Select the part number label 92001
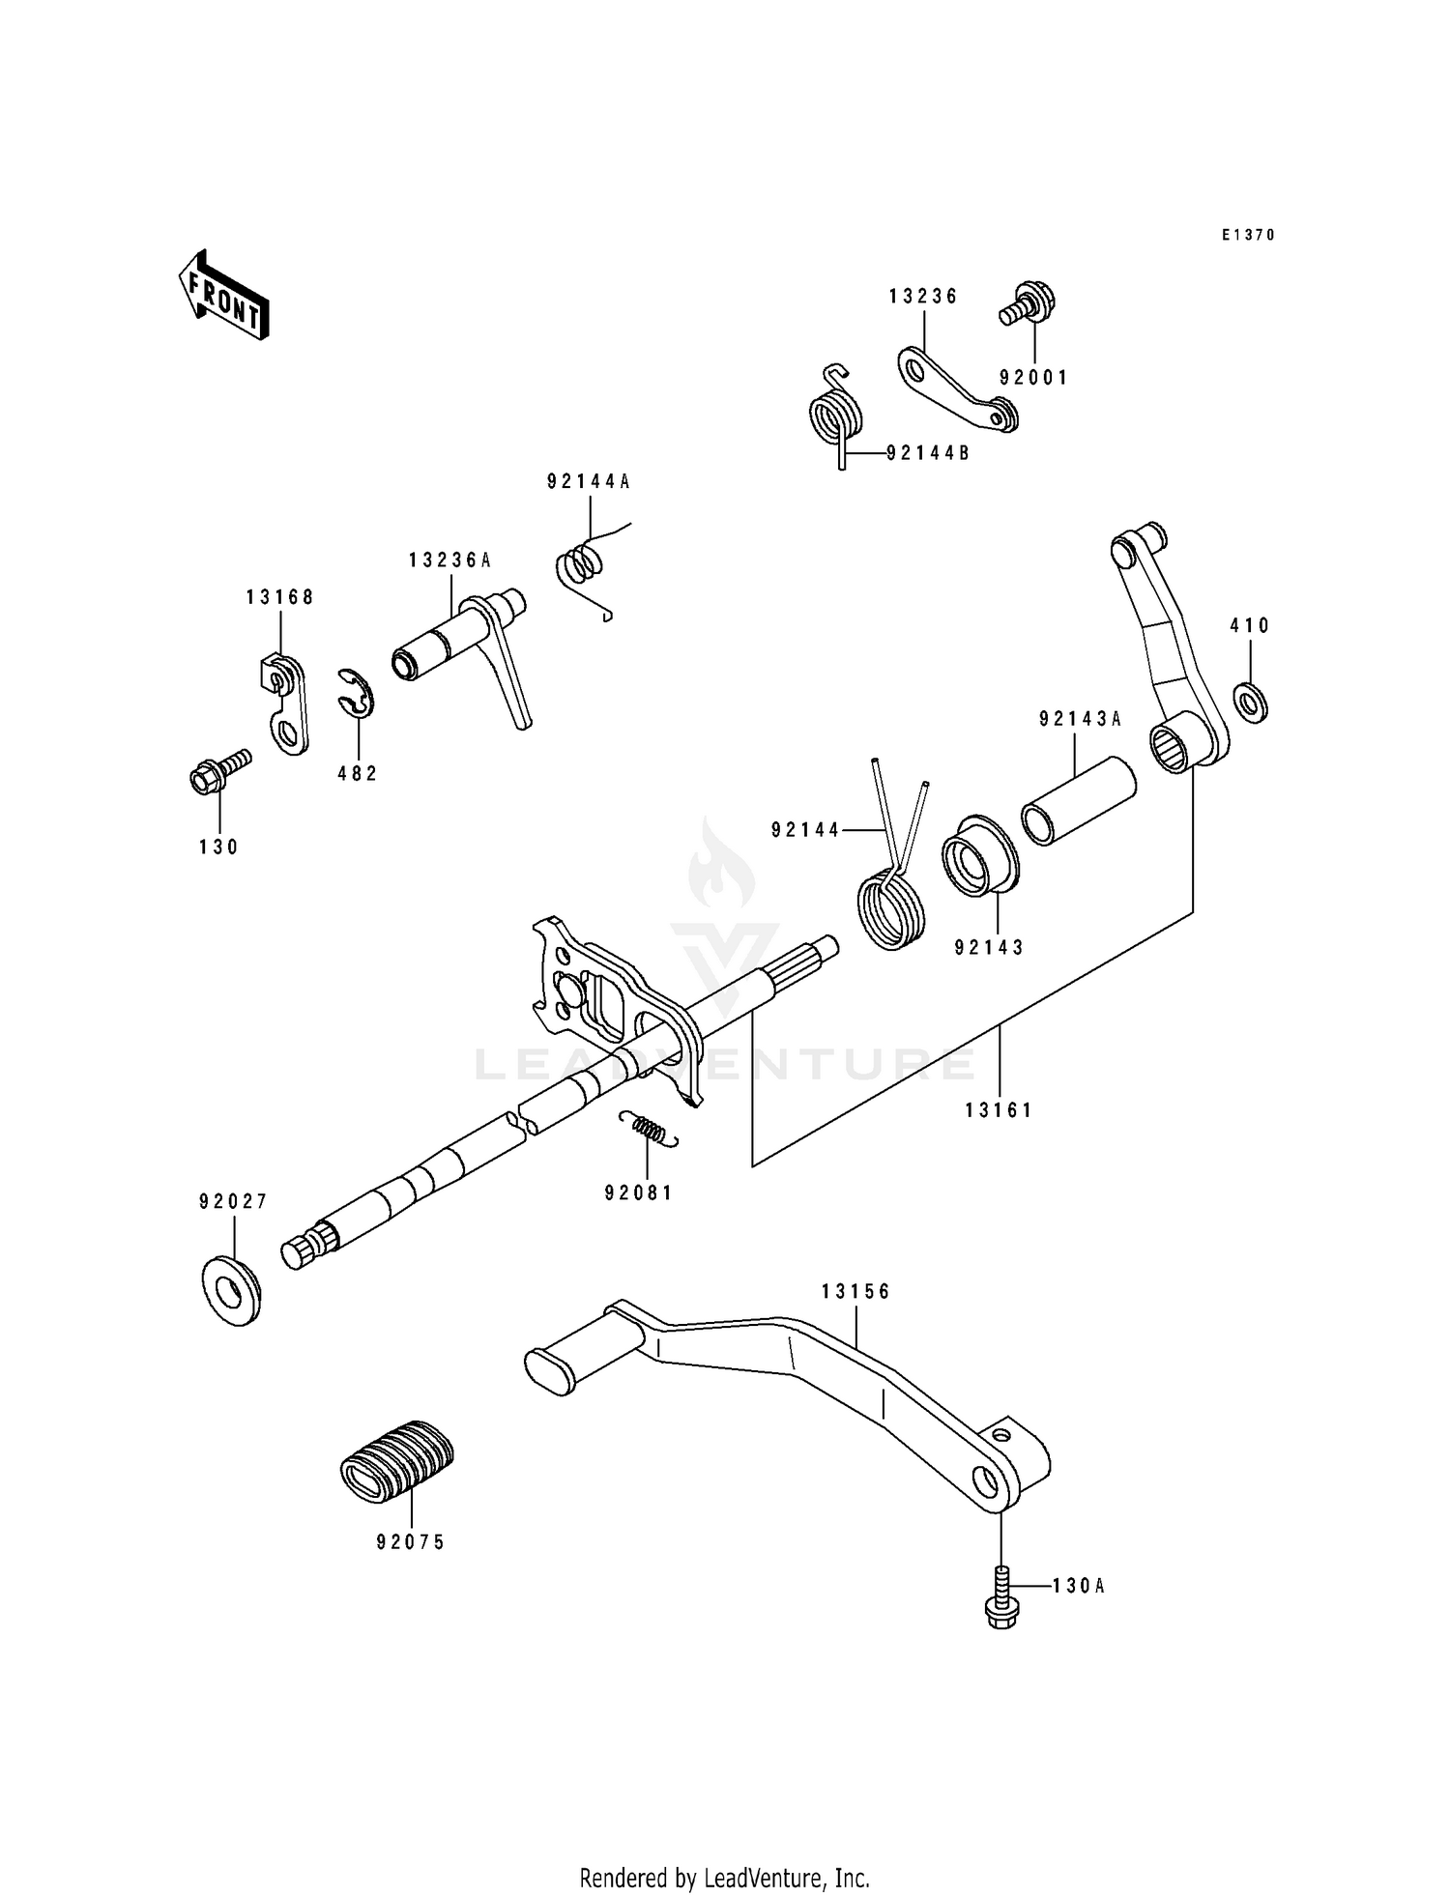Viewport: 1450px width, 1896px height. tap(1033, 378)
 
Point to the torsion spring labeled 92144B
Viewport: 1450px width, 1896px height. tap(835, 416)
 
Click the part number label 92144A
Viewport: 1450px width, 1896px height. tap(588, 481)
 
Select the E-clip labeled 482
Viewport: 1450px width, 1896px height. tap(357, 694)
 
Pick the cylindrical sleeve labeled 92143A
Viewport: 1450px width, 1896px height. tap(1078, 800)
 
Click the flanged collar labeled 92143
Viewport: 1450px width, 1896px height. tap(980, 856)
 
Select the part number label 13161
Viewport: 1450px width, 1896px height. tap(999, 1110)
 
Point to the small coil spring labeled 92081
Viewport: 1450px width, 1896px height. tap(648, 1129)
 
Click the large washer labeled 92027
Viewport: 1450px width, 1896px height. tap(232, 1290)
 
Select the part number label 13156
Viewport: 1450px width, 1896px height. tap(855, 1291)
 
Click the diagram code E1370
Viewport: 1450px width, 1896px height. tap(1248, 235)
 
